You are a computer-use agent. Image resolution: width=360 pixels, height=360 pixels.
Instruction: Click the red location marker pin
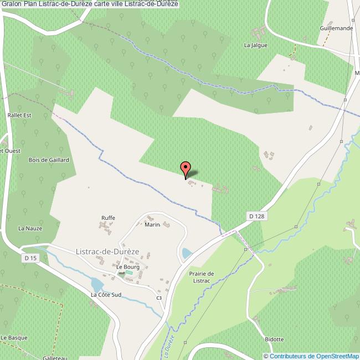186,168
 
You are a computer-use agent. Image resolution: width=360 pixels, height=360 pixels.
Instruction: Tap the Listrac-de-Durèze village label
107,251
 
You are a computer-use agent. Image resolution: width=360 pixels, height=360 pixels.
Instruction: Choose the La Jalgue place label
256,45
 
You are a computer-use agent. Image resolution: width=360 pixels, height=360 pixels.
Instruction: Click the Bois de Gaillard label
48,160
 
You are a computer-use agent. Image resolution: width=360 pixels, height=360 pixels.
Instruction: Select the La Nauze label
30,228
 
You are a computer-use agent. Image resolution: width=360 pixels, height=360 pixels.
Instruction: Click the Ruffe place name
108,218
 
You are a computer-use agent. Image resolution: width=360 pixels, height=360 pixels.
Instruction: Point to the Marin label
152,224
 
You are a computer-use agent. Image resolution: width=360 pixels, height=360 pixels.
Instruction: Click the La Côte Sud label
106,295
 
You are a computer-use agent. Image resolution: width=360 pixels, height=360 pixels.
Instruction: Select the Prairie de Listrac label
200,277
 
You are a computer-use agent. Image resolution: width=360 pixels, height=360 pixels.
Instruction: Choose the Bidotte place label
274,339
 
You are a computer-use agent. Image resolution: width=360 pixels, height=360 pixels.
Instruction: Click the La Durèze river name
169,346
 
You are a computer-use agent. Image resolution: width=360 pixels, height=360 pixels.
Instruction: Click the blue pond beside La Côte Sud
96,285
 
